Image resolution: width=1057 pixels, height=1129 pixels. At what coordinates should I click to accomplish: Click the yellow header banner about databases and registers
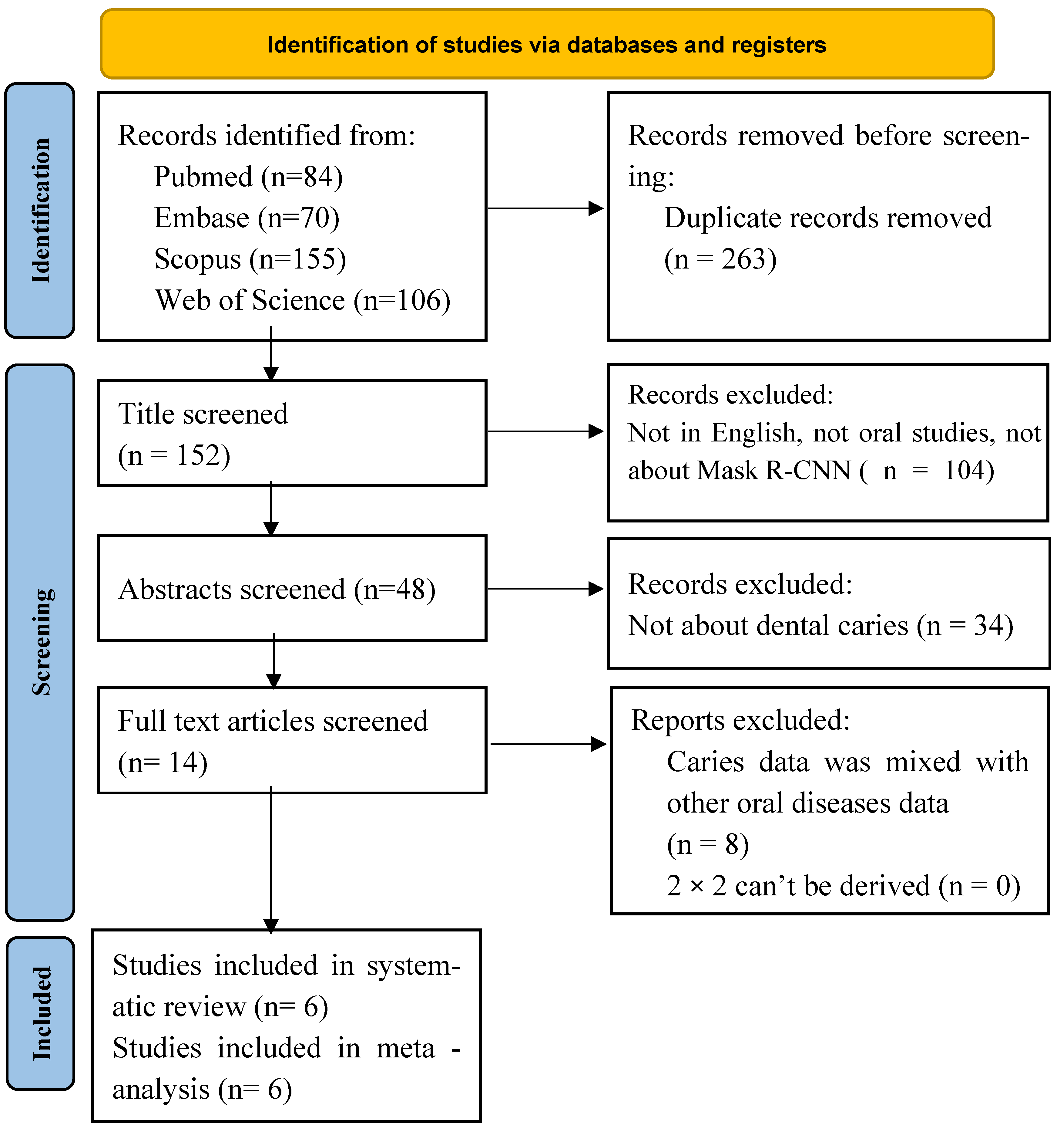click(x=547, y=44)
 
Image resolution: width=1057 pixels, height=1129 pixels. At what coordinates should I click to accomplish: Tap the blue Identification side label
click(x=40, y=211)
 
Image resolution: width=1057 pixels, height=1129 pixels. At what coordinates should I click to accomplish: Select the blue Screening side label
click(x=40, y=642)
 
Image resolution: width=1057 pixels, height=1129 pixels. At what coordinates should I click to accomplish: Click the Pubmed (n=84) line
click(x=248, y=177)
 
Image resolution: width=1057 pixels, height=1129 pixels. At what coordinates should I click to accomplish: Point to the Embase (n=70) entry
click(x=247, y=218)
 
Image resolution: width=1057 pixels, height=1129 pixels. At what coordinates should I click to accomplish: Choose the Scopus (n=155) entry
click(x=250, y=259)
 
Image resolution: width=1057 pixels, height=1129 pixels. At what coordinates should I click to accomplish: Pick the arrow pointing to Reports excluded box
click(x=549, y=744)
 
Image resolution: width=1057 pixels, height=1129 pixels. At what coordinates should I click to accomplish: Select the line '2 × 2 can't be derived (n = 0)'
click(x=844, y=886)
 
